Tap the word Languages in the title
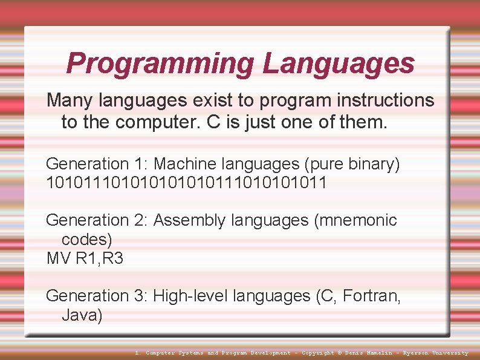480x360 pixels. [339, 64]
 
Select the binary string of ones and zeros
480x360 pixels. [186, 183]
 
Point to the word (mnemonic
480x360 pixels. [355, 220]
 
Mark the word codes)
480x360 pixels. [87, 239]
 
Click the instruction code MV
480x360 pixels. [59, 258]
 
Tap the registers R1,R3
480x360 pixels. [100, 258]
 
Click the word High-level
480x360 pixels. [190, 296]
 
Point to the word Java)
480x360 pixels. [82, 315]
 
